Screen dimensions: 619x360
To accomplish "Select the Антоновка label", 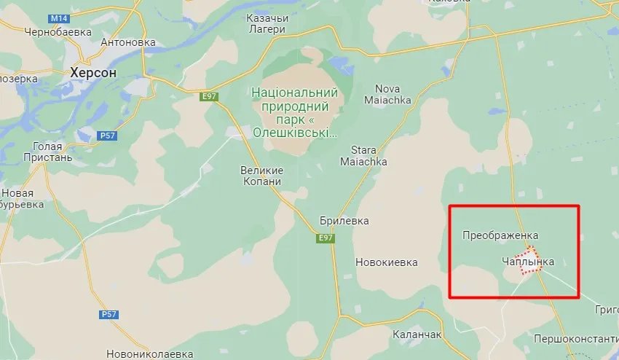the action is coord(129,42).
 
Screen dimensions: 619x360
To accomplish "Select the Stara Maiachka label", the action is coord(368,154).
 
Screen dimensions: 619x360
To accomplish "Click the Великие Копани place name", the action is coord(261,176).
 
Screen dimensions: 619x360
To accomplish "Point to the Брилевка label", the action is coord(344,220).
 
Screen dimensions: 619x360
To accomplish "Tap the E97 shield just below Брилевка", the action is coord(325,238).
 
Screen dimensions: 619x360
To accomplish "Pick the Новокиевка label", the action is coord(387,262).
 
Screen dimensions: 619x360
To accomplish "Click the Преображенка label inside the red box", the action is coord(500,235).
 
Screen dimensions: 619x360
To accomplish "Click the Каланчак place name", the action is coord(417,334).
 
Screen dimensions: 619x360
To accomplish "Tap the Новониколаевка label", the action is coord(149,353).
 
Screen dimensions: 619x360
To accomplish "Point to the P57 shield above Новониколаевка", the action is coord(107,314).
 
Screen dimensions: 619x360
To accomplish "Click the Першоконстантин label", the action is coord(575,339).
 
